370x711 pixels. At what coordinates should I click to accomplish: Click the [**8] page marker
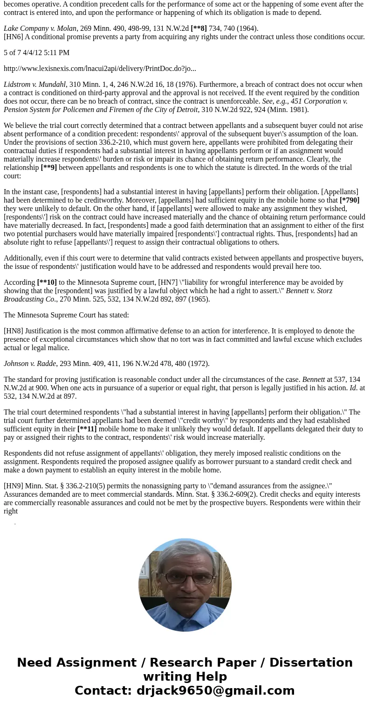(x=199, y=28)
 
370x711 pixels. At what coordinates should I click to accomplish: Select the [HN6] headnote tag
(x=14, y=36)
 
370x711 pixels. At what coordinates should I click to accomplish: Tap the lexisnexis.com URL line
(x=100, y=68)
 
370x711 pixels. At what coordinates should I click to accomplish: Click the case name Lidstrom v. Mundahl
(x=34, y=84)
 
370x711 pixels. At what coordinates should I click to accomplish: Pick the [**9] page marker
(x=48, y=167)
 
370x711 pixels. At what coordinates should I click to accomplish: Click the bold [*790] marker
(x=349, y=200)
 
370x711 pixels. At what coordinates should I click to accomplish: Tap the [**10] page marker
(x=47, y=282)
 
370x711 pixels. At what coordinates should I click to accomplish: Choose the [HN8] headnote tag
(x=14, y=331)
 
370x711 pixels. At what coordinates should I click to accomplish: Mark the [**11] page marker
(x=87, y=429)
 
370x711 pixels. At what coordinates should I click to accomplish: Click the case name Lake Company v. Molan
(x=40, y=28)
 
